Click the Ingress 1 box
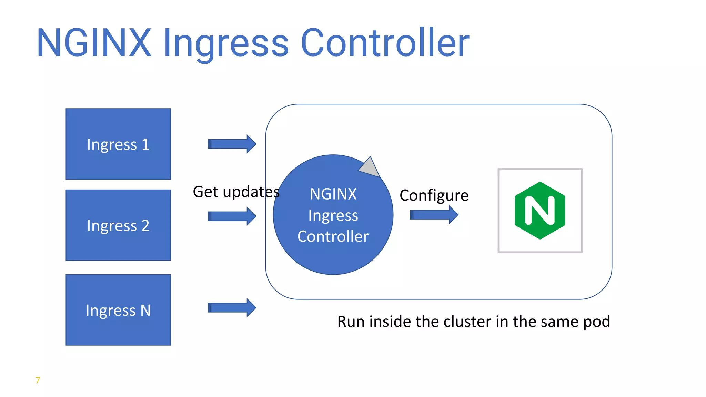click(x=118, y=144)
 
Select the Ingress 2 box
click(x=118, y=225)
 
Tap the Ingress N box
click(x=118, y=310)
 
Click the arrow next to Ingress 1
click(x=232, y=144)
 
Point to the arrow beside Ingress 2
click(x=232, y=216)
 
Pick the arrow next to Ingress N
click(x=232, y=307)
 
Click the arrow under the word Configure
click(x=434, y=215)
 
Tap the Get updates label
click(x=236, y=192)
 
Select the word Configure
click(x=434, y=195)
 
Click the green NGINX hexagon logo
click(x=540, y=211)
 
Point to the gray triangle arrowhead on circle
click(x=370, y=167)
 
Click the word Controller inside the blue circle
click(x=333, y=236)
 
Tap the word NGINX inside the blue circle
click(x=333, y=194)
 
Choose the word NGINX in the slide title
click(x=94, y=43)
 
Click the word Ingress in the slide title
click(x=226, y=43)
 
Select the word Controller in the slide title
click(x=385, y=43)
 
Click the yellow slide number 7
click(x=38, y=380)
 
